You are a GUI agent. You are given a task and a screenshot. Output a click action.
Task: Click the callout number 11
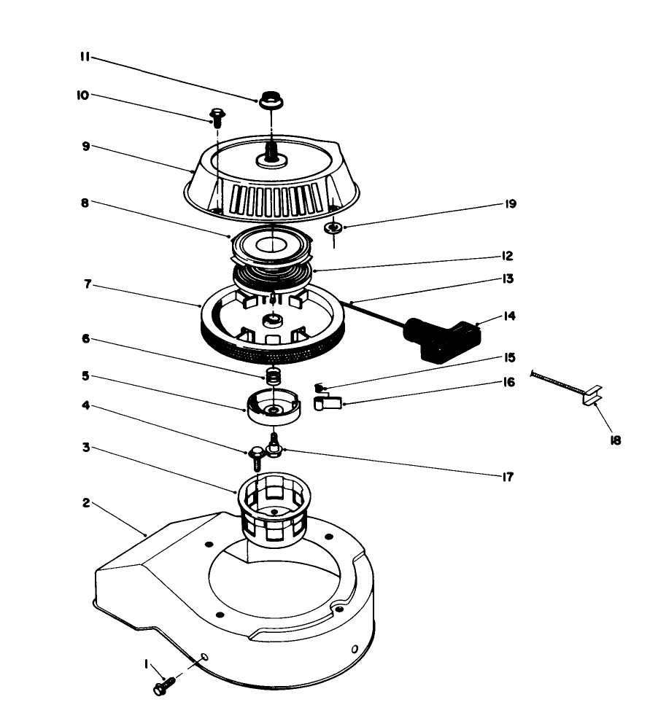click(x=85, y=57)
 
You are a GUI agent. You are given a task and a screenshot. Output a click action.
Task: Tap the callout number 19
click(x=510, y=204)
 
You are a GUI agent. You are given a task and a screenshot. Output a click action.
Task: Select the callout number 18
click(x=616, y=440)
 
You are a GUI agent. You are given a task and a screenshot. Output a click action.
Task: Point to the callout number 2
click(x=86, y=503)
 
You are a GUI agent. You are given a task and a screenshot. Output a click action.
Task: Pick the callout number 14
click(x=508, y=316)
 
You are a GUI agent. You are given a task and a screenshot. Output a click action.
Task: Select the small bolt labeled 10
click(x=217, y=115)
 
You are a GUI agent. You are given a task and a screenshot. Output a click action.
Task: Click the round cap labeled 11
click(x=271, y=99)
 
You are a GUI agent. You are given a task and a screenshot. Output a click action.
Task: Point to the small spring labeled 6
click(x=272, y=377)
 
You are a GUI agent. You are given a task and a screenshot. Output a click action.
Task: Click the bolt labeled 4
click(x=256, y=456)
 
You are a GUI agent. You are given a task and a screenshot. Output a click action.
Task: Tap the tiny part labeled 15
click(x=318, y=386)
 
